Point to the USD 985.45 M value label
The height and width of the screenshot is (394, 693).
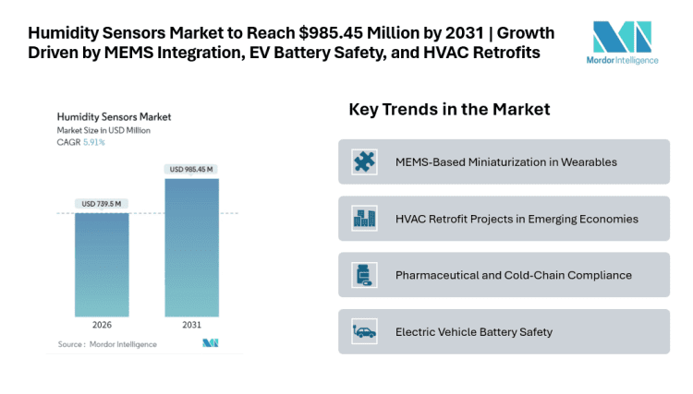(x=192, y=169)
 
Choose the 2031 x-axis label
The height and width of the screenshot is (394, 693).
(x=192, y=326)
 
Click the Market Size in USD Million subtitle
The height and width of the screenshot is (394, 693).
(x=103, y=130)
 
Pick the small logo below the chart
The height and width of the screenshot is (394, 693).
(x=210, y=343)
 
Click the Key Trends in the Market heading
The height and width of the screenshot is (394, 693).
(x=449, y=110)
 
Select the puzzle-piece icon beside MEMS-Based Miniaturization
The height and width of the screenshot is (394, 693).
(x=364, y=161)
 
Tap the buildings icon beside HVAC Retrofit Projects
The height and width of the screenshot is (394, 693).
(x=364, y=219)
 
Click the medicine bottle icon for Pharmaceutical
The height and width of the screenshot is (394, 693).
(x=364, y=275)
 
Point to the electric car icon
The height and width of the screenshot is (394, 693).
(x=364, y=331)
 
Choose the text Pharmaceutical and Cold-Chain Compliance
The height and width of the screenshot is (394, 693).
(x=513, y=275)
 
